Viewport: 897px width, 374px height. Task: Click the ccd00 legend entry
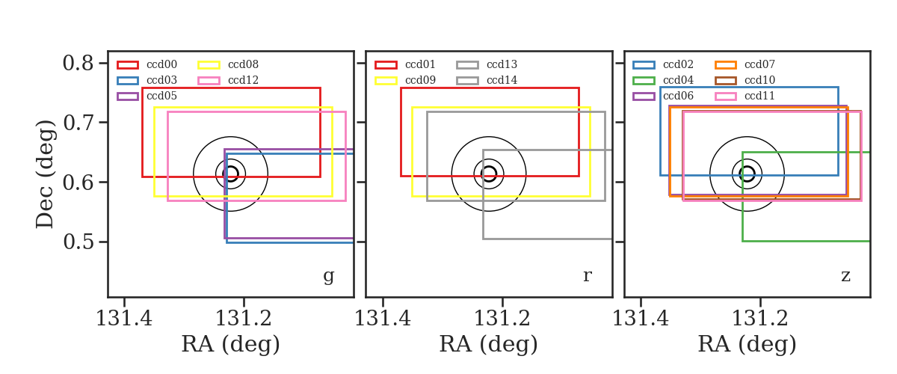[x=147, y=64]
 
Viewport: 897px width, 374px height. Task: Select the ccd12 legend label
[x=243, y=80]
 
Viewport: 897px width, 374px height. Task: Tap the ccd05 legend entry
[x=147, y=96]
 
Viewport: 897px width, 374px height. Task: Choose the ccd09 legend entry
[x=405, y=80]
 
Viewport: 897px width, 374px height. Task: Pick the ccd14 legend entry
[x=487, y=80]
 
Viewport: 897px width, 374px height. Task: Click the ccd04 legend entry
[x=663, y=80]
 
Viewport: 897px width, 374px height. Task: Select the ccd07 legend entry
[x=745, y=64]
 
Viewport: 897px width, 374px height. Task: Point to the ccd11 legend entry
[x=745, y=96]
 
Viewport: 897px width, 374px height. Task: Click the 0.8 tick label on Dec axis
[x=78, y=64]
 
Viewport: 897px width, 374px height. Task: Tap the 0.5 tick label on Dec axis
[x=78, y=242]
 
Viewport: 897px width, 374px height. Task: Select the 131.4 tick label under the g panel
[x=124, y=319]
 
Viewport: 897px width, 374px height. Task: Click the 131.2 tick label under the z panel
[x=760, y=319]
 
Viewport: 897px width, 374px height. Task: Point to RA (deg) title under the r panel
[x=489, y=344]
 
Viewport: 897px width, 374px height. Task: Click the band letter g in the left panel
[x=328, y=276]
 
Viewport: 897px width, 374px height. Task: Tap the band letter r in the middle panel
[x=588, y=275]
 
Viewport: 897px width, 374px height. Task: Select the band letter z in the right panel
[x=845, y=276]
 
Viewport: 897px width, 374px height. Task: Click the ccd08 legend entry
[x=228, y=64]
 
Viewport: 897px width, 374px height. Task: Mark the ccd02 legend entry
[x=663, y=64]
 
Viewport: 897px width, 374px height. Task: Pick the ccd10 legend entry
[x=745, y=80]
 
